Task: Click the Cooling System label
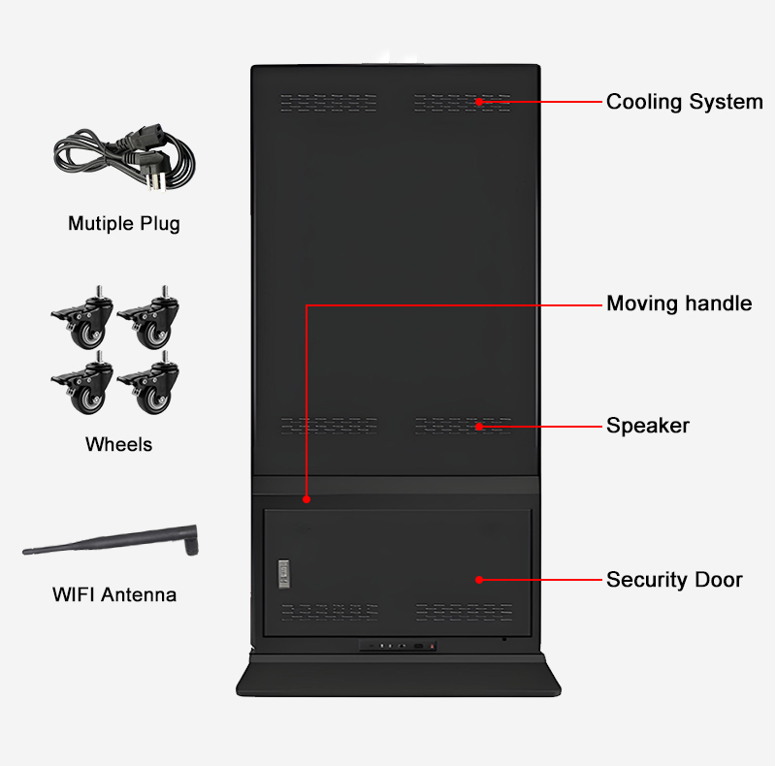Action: click(684, 102)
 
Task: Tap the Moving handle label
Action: click(678, 303)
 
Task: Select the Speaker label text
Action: click(647, 425)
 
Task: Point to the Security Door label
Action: click(674, 580)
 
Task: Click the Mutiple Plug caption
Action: click(123, 224)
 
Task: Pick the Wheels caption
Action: click(118, 445)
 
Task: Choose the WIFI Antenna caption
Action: click(114, 594)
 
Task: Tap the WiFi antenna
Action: click(112, 542)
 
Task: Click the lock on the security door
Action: click(284, 573)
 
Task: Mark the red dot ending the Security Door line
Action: click(479, 580)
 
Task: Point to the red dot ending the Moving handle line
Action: click(307, 500)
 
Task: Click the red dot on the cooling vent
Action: click(479, 101)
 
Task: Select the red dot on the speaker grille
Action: click(479, 425)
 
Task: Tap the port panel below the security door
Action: click(398, 646)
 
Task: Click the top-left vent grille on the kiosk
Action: click(329, 101)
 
